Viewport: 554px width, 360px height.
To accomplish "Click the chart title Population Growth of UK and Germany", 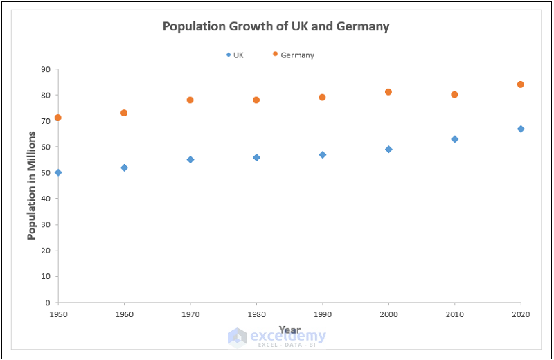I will pyautogui.click(x=276, y=27).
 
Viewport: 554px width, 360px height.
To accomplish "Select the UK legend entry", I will pyautogui.click(x=235, y=55).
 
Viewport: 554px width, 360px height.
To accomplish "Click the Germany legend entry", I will pyautogui.click(x=294, y=55).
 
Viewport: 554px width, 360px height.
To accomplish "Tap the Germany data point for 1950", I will pyautogui.click(x=58, y=118).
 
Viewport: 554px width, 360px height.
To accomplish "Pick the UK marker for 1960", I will pyautogui.click(x=124, y=168).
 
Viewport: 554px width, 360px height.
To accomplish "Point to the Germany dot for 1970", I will pyautogui.click(x=190, y=100).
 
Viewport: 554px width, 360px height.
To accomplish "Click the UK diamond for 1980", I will pyautogui.click(x=256, y=157).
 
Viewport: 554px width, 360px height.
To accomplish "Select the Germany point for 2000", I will pyautogui.click(x=388, y=92).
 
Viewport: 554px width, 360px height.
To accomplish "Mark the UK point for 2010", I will pyautogui.click(x=454, y=139).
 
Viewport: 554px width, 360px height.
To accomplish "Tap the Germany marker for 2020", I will pyautogui.click(x=521, y=84).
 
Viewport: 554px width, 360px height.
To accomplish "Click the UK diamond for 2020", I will pyautogui.click(x=521, y=129).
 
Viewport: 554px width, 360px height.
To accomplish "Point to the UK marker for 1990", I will pyautogui.click(x=323, y=154).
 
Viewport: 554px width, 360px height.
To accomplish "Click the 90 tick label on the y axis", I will pyautogui.click(x=46, y=69).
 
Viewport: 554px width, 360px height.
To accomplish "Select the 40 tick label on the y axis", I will pyautogui.click(x=46, y=199).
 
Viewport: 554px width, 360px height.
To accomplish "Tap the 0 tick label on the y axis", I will pyautogui.click(x=48, y=303).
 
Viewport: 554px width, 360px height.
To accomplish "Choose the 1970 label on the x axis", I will pyautogui.click(x=190, y=314).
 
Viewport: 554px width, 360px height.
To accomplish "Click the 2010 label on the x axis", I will pyautogui.click(x=454, y=314).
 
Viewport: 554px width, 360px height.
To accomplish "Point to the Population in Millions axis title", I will pyautogui.click(x=31, y=186).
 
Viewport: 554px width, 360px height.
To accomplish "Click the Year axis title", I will pyautogui.click(x=289, y=329).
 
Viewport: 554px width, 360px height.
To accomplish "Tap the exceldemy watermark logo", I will pyautogui.click(x=238, y=337).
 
